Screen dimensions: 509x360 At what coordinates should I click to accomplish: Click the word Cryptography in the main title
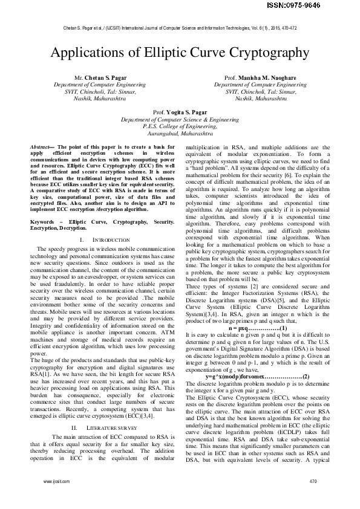264,53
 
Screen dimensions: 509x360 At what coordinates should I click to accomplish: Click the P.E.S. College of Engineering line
180,127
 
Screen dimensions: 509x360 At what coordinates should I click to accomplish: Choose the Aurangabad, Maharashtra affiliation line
180,134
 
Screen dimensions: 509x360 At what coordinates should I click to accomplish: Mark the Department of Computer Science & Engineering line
180,120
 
